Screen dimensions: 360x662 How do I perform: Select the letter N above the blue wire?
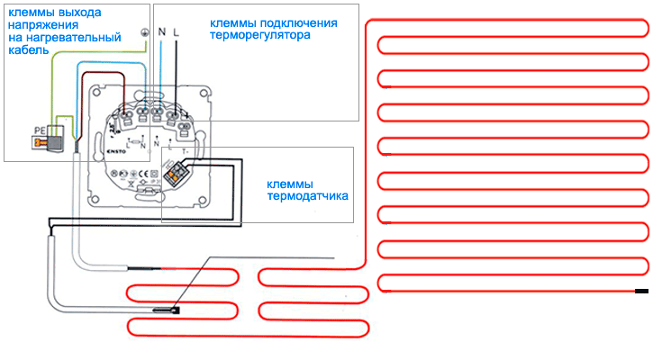coord(162,32)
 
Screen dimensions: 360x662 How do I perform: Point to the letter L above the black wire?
coord(175,32)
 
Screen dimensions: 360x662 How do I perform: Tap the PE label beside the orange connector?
coord(39,130)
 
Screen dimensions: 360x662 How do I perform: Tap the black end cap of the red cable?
coord(641,291)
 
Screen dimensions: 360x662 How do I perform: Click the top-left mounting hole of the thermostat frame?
coord(93,94)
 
